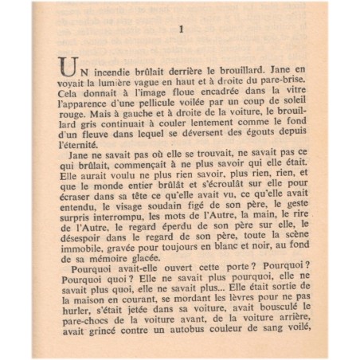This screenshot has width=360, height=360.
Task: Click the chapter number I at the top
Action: pyautogui.click(x=182, y=32)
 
